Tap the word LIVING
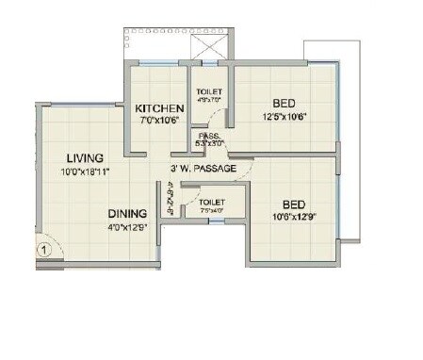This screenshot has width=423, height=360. [x=85, y=156]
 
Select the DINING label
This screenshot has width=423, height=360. [x=126, y=213]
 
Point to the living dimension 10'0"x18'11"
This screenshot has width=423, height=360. [x=85, y=171]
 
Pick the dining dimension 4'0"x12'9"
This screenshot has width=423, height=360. [x=127, y=227]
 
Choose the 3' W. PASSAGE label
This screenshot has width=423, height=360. [x=203, y=170]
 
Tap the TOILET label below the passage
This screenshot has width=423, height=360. [x=212, y=202]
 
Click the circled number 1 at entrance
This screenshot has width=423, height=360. [x=42, y=250]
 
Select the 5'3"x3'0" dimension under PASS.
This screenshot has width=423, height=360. [x=209, y=144]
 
